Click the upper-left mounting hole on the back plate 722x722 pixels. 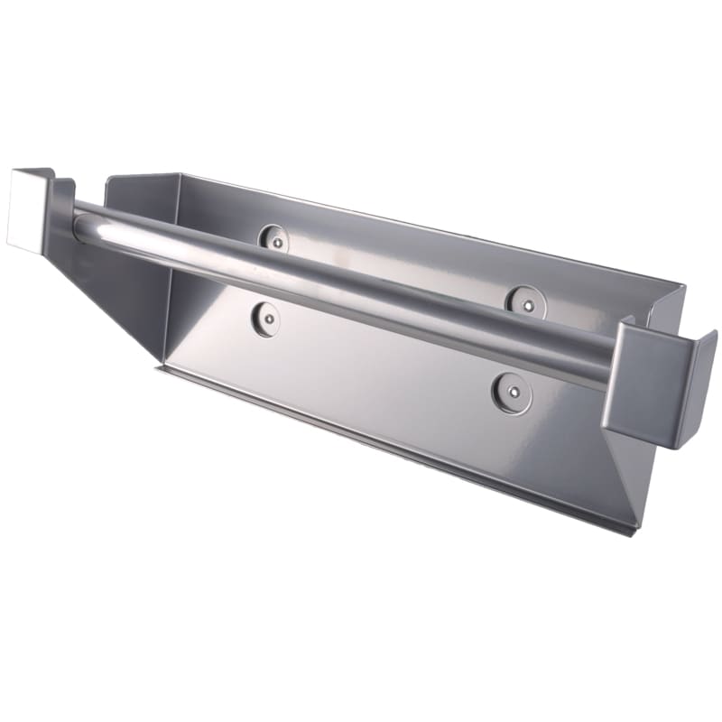273,238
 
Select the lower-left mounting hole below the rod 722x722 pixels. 265,319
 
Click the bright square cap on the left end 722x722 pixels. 27,208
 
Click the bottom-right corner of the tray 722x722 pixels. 632,532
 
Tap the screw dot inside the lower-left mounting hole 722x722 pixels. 265,317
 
